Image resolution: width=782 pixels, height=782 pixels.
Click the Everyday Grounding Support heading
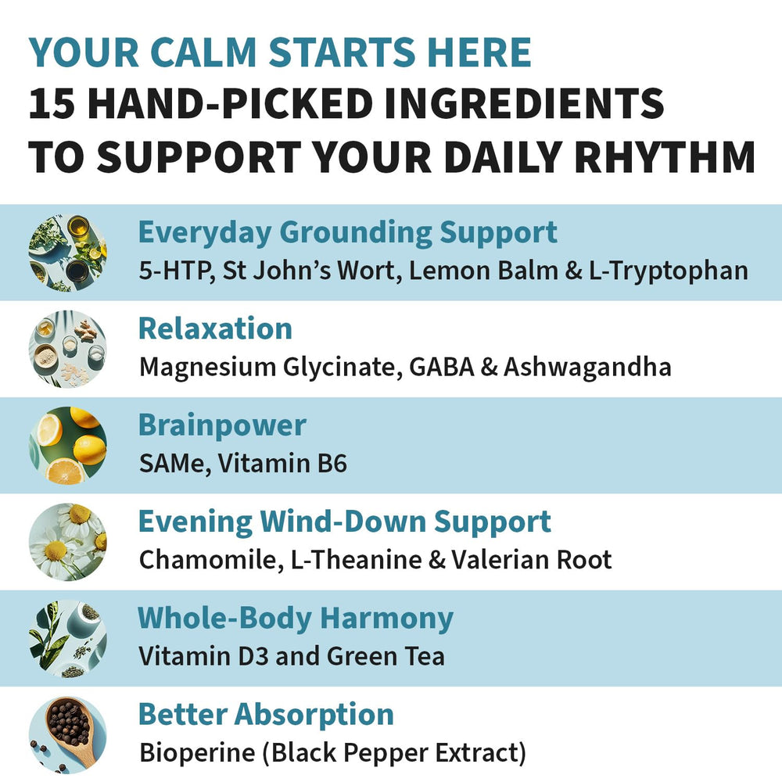(347, 232)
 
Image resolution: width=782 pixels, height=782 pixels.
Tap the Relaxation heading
(215, 328)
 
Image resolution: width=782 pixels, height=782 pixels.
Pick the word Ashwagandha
(587, 367)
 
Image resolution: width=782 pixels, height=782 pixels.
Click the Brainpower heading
(222, 425)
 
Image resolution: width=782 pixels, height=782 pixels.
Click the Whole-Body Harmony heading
(295, 618)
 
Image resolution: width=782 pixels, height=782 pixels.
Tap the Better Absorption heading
(266, 714)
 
